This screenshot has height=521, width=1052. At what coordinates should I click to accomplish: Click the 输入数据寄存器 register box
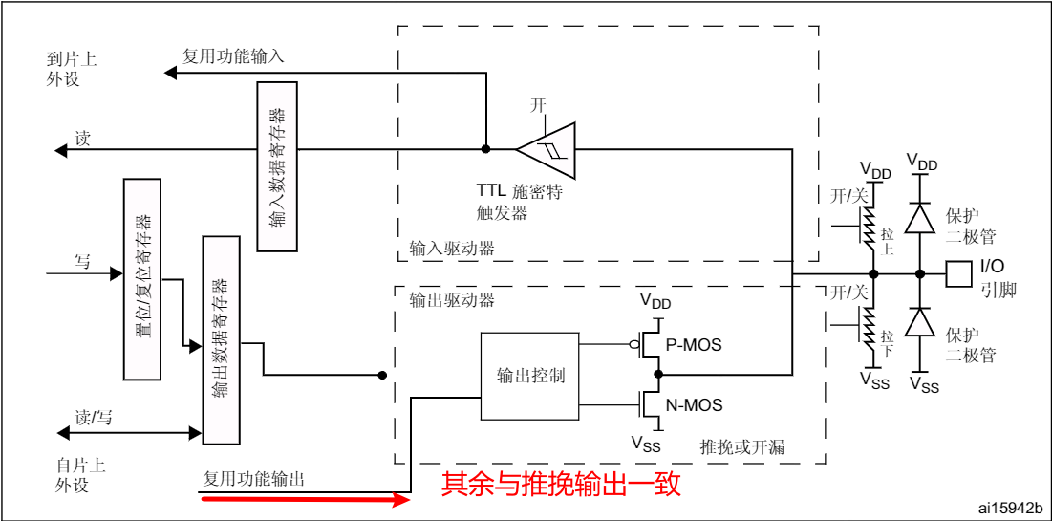pos(277,166)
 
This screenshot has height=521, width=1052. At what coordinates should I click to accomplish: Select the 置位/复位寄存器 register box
pos(141,278)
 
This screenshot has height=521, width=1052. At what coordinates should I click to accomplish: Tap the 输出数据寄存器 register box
pos(220,338)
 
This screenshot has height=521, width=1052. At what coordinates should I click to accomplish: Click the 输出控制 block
pos(530,376)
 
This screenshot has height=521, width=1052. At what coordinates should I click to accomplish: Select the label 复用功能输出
pos(254,478)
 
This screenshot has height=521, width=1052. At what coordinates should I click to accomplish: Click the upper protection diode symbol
pos(920,219)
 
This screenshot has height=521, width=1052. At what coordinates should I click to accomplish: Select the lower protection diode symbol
pos(920,322)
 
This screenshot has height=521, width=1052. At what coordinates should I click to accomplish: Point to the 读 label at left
pos(82,139)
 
